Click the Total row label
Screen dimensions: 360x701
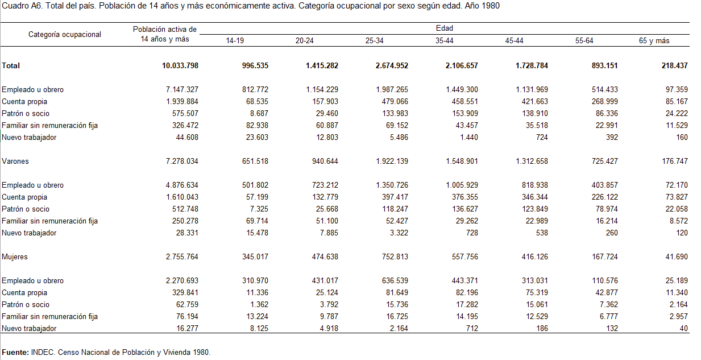click(x=11, y=66)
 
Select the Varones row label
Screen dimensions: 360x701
click(x=15, y=162)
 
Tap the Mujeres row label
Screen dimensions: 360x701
click(x=15, y=257)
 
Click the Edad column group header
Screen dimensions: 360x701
click(x=444, y=28)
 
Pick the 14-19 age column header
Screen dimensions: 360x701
click(x=235, y=41)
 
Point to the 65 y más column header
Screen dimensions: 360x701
click(x=654, y=41)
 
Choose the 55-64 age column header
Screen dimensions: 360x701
click(x=584, y=41)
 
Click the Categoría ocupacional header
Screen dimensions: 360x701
click(x=65, y=34)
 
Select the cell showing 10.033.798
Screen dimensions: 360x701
click(x=180, y=66)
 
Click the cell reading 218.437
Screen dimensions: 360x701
click(x=674, y=66)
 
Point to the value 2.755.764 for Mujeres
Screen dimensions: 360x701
click(x=182, y=257)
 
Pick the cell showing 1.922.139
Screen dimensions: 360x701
click(x=392, y=162)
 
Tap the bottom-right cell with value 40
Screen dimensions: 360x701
click(x=683, y=329)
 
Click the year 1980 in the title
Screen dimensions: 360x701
click(x=491, y=6)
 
